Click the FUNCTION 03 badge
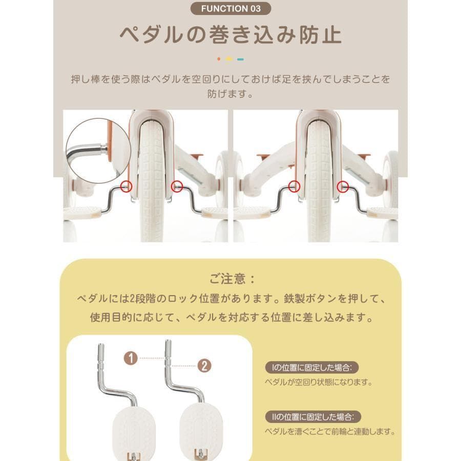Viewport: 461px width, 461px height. [230, 9]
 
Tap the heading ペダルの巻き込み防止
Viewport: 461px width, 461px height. [230, 35]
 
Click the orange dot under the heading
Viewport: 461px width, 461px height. [219, 59]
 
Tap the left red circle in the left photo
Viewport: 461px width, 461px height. [127, 186]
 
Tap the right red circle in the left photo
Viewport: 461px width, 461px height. [177, 186]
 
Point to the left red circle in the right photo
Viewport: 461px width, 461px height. [294, 186]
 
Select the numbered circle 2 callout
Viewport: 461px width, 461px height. [204, 366]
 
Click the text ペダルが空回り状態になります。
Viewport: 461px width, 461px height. [318, 382]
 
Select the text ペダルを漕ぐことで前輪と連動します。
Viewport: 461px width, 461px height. [330, 432]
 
